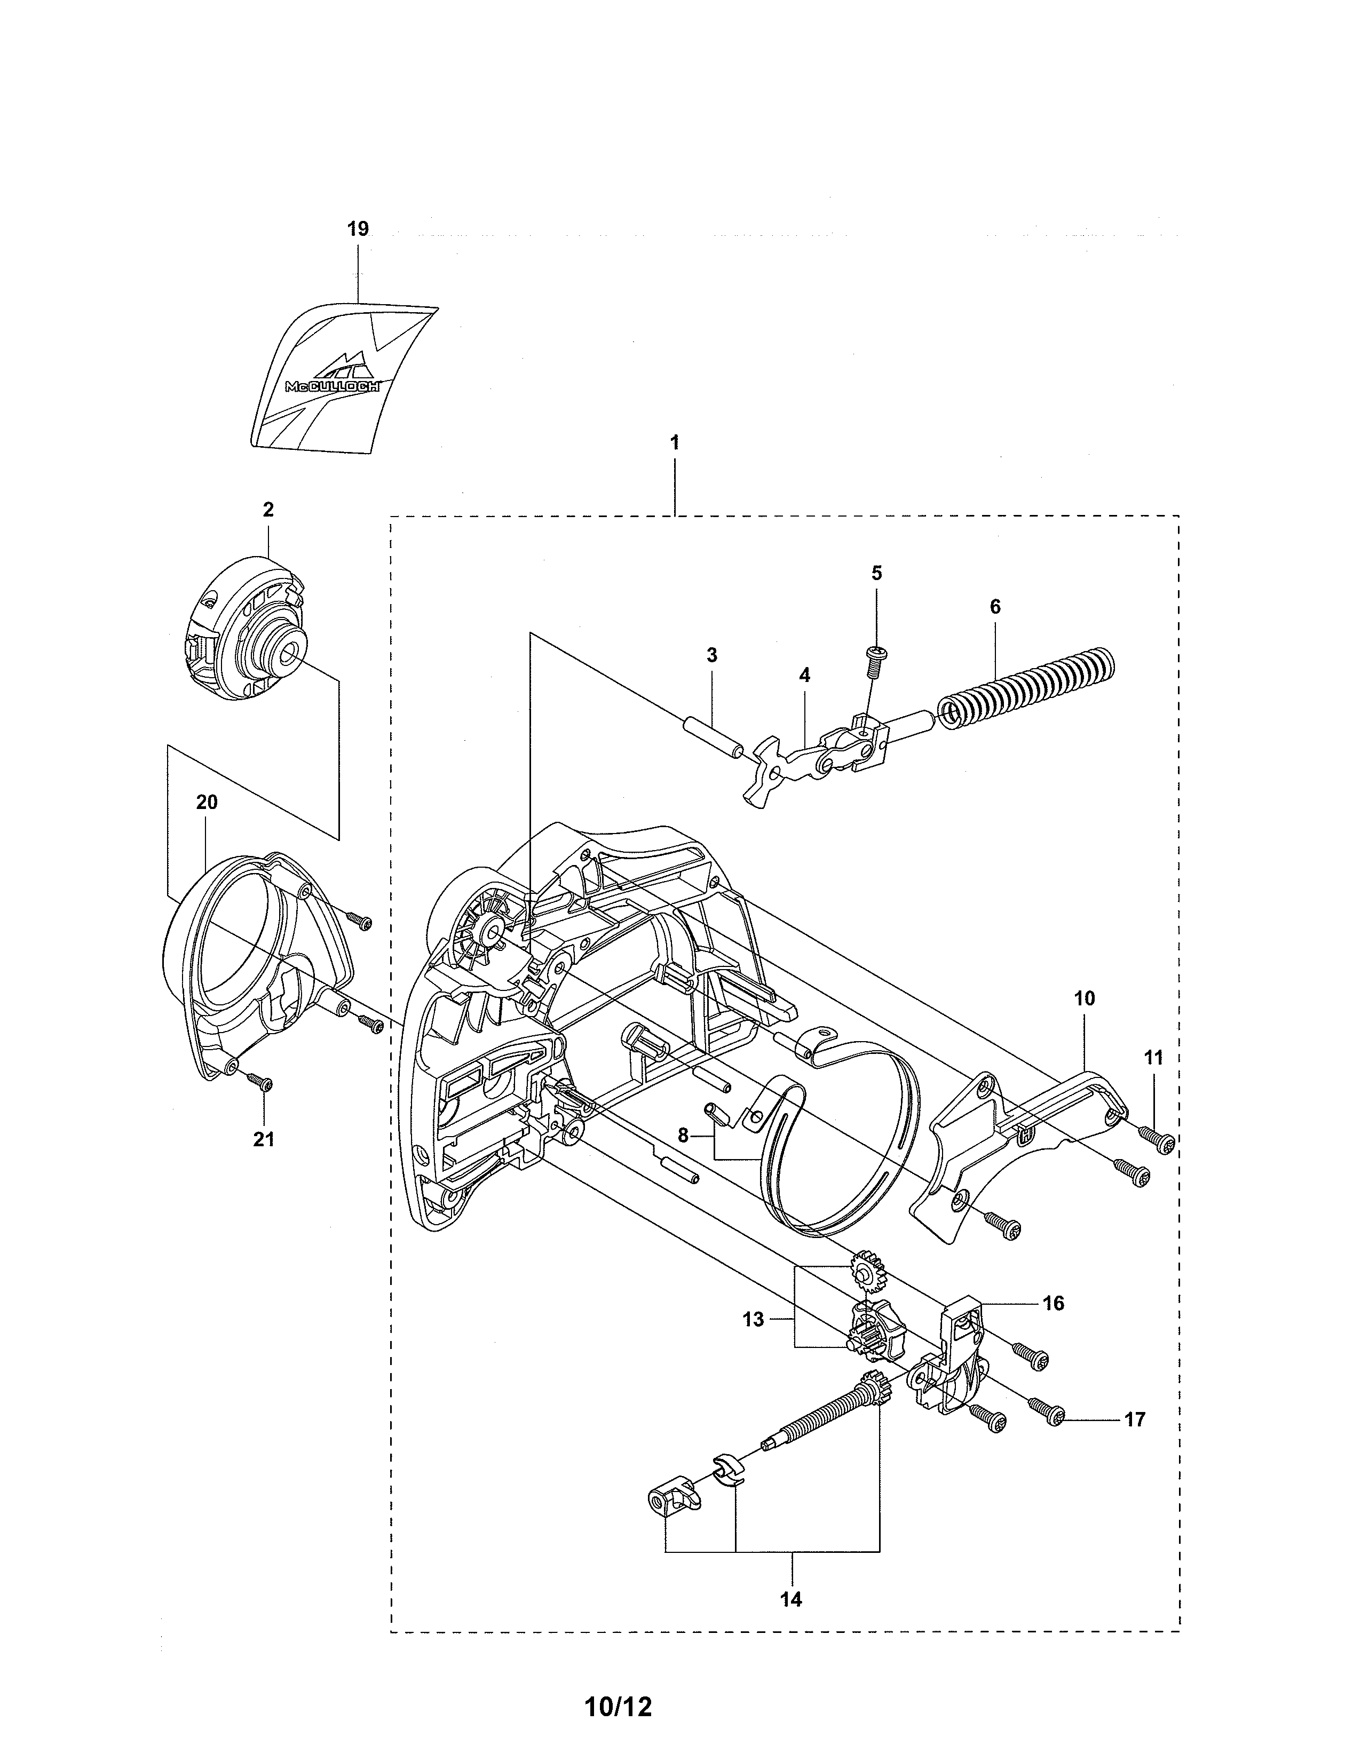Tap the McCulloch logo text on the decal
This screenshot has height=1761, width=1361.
(333, 386)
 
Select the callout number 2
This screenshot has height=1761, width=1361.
(268, 510)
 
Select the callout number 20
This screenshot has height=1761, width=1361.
(207, 802)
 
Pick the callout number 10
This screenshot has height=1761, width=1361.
(1085, 998)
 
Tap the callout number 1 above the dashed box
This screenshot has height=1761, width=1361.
(674, 443)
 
